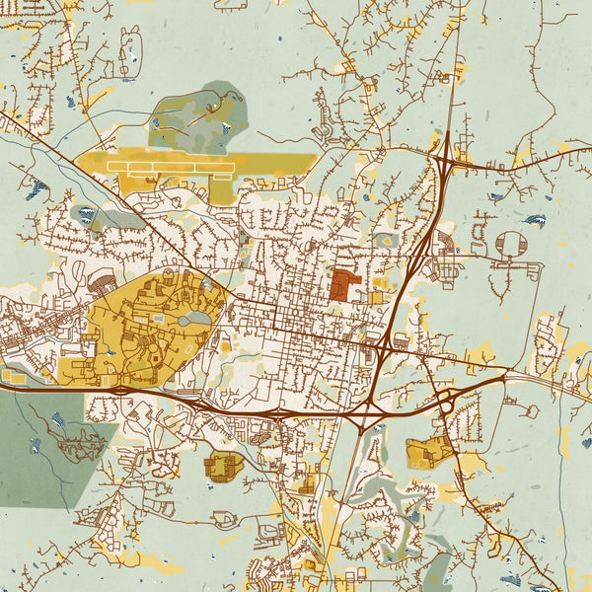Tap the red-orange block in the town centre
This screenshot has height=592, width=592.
[342, 285]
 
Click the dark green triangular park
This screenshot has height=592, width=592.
[39, 444]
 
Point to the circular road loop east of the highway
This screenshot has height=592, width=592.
[511, 244]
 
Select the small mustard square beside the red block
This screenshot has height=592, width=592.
[376, 297]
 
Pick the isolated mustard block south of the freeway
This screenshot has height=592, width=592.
[222, 466]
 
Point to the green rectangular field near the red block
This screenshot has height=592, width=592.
[385, 239]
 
